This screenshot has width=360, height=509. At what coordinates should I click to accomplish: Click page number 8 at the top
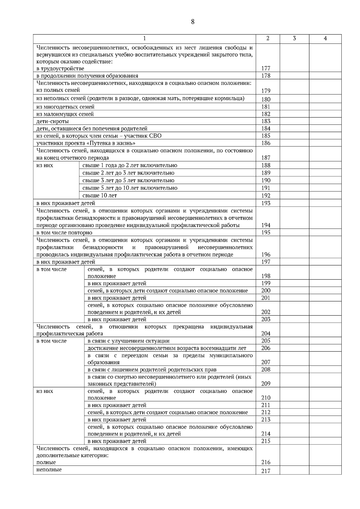tap(193, 22)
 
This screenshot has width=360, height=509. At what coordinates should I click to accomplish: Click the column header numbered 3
tap(294, 38)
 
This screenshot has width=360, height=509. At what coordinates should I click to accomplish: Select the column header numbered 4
tap(325, 38)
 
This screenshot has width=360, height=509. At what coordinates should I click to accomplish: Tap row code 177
tap(266, 68)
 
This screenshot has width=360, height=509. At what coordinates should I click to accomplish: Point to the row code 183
tap(266, 121)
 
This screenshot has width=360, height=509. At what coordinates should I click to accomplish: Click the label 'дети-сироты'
tap(52, 121)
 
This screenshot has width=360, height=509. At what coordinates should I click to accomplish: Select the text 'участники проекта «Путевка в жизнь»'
tap(86, 143)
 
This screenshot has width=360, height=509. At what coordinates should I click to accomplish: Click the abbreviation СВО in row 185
tap(155, 136)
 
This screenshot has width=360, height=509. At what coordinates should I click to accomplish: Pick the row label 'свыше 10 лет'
tap(100, 196)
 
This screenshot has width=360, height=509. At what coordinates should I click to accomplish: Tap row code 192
tap(266, 196)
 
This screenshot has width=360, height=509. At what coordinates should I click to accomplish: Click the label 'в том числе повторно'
tap(64, 233)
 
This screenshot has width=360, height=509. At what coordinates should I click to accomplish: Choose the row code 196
tap(266, 255)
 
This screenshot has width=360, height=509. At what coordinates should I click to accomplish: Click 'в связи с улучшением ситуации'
tap(128, 341)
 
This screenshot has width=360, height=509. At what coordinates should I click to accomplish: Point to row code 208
tap(266, 370)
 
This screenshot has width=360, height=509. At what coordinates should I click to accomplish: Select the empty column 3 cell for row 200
tap(294, 291)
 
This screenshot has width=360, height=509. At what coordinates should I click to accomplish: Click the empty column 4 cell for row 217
tap(325, 470)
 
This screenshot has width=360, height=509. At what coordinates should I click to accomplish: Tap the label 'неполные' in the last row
tap(49, 470)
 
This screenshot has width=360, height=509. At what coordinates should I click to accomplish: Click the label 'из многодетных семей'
tap(65, 107)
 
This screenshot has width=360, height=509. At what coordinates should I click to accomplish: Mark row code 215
tap(266, 441)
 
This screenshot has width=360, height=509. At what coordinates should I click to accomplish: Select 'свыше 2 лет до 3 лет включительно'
tap(128, 173)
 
